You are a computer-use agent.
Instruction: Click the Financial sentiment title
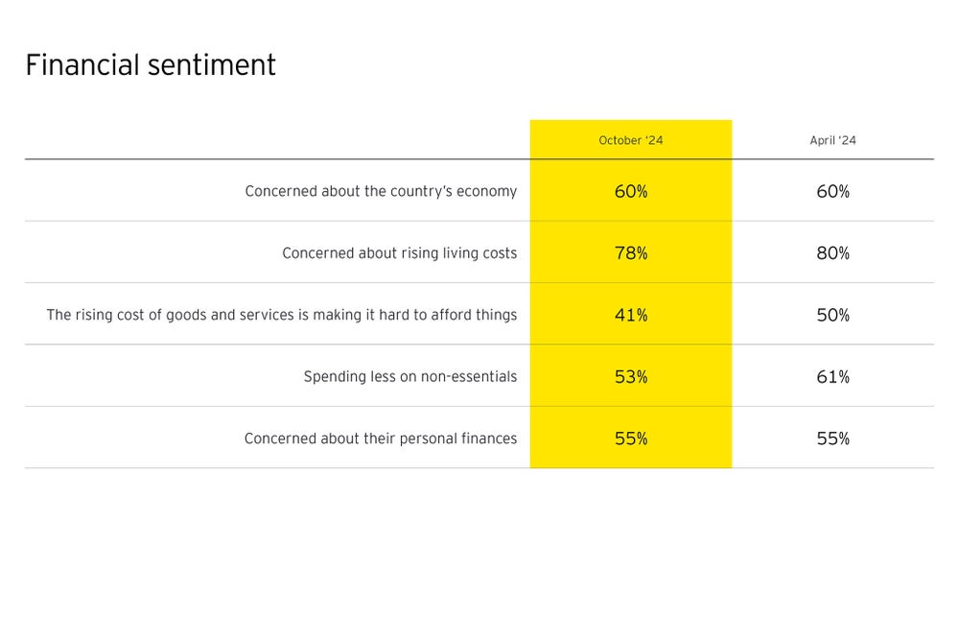(151, 65)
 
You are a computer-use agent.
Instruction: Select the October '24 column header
(631, 140)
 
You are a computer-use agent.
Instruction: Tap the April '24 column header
(832, 140)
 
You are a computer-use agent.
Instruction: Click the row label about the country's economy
(381, 191)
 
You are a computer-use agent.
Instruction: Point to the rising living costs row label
(399, 253)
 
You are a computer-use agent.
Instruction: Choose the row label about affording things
(282, 315)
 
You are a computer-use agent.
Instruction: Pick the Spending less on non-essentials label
(410, 376)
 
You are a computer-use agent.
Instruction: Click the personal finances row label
(381, 439)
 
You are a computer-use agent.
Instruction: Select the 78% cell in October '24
(631, 253)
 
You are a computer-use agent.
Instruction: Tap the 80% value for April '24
(832, 253)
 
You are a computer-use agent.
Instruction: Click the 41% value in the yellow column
(631, 315)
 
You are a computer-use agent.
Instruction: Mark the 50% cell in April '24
(832, 315)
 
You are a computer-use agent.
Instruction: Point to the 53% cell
(631, 376)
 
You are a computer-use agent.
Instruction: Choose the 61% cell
(832, 376)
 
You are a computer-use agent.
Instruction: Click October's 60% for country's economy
(631, 191)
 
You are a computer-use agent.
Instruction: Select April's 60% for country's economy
(832, 191)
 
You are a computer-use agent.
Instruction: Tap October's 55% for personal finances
(631, 439)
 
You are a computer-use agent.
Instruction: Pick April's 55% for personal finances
(832, 439)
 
